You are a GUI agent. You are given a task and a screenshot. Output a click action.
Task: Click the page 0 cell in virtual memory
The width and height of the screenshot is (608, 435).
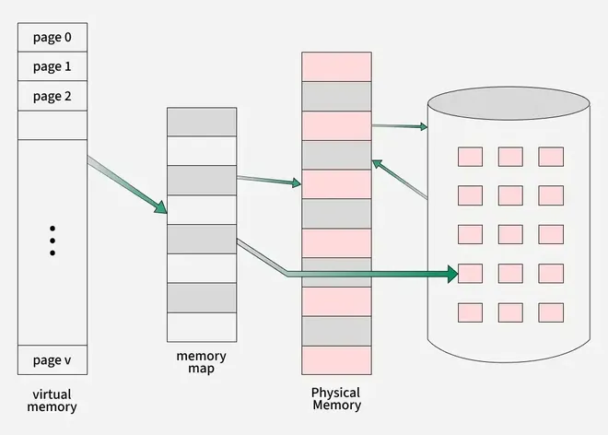click(53, 38)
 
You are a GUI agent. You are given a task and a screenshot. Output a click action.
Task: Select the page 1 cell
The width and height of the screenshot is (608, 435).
click(53, 67)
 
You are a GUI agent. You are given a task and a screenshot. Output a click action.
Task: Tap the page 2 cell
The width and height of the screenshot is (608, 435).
click(53, 97)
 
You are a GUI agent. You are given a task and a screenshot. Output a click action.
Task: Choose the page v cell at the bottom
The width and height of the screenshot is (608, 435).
click(53, 359)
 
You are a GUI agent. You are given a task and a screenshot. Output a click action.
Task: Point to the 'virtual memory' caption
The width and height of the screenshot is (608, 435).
click(53, 400)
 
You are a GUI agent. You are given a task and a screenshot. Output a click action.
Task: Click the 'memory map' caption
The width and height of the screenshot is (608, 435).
click(201, 362)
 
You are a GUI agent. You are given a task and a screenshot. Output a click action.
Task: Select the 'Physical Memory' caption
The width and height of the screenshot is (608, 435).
click(336, 398)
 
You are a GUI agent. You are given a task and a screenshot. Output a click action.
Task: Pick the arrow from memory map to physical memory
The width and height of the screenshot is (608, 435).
click(269, 181)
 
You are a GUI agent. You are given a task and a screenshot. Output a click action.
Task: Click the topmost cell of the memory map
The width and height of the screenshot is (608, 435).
click(201, 123)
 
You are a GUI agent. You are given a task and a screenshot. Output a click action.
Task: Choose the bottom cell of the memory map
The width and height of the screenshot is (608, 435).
click(201, 326)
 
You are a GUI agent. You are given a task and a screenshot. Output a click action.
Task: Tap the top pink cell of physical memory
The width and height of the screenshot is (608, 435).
click(336, 66)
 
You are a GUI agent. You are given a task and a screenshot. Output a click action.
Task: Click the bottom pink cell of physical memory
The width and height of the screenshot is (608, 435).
click(336, 360)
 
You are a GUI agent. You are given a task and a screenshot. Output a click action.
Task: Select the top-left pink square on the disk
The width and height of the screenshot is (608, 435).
click(470, 157)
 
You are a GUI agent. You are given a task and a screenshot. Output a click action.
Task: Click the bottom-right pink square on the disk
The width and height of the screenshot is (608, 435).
click(551, 312)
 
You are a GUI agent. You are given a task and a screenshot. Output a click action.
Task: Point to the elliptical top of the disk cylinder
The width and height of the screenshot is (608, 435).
click(508, 103)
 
